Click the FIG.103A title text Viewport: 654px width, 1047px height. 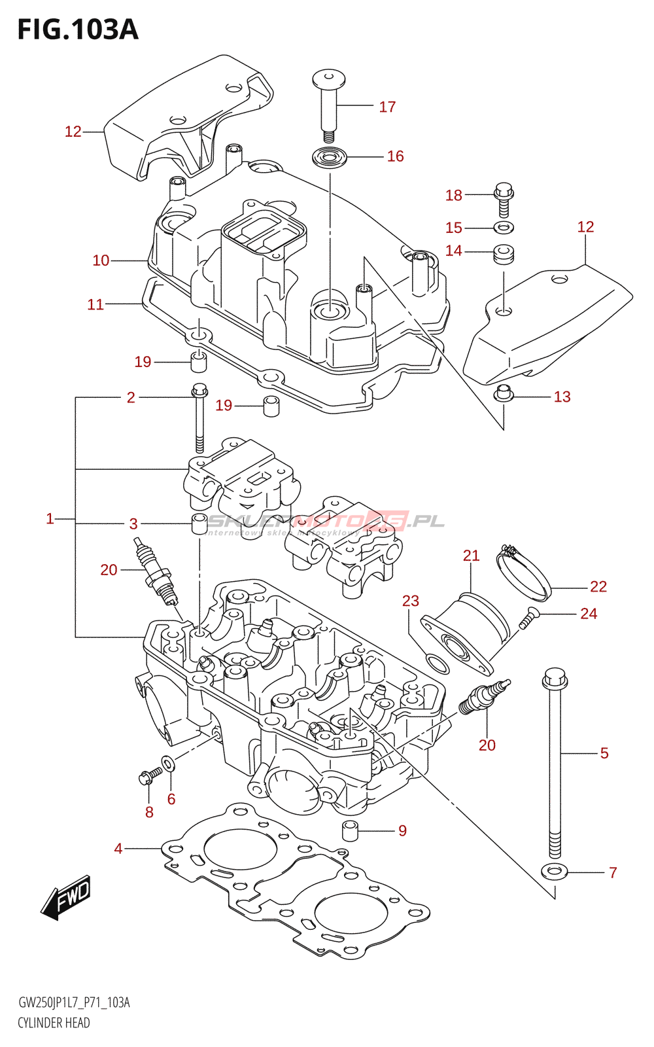pyautogui.click(x=78, y=29)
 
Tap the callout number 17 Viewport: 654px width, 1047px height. pyautogui.click(x=387, y=107)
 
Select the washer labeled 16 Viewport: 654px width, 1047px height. pyautogui.click(x=330, y=158)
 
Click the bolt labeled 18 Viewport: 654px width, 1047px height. pyautogui.click(x=504, y=198)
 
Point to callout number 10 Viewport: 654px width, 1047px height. pyautogui.click(x=101, y=260)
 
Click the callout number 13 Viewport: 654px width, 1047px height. pyautogui.click(x=562, y=397)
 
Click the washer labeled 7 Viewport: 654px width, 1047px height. pyautogui.click(x=555, y=872)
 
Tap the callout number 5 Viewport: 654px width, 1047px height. pyautogui.click(x=604, y=753)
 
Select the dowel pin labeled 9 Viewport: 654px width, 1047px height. pyautogui.click(x=351, y=830)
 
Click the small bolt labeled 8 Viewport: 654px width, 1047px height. pyautogui.click(x=149, y=777)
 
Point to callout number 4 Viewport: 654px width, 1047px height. pyautogui.click(x=118, y=849)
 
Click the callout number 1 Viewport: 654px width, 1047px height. pyautogui.click(x=50, y=519)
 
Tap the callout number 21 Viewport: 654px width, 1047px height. pyautogui.click(x=471, y=556)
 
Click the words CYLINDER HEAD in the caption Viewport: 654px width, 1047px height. pyautogui.click(x=54, y=1023)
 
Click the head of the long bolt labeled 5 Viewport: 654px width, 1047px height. pyautogui.click(x=554, y=679)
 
